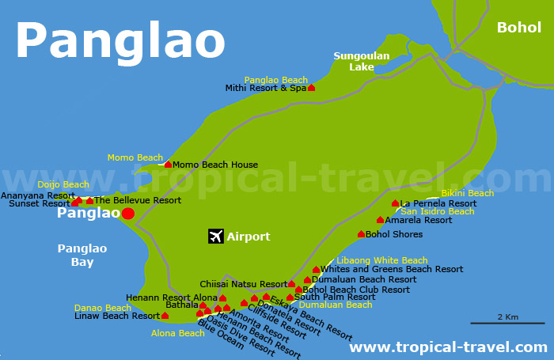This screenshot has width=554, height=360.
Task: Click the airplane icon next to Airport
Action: pos(215,237)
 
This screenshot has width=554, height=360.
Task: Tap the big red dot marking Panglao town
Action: pos(128,214)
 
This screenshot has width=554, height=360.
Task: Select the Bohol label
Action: pos(518,28)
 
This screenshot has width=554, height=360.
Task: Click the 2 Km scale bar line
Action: pos(507,323)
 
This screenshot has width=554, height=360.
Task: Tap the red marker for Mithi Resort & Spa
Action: pos(311,88)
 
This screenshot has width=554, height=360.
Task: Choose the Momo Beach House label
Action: pos(215,165)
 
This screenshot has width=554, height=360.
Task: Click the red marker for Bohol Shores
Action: pos(361,233)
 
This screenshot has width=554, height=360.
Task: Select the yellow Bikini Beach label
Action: pos(467,193)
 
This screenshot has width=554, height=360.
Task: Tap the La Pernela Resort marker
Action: pos(395,203)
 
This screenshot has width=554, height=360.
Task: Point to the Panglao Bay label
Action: pos(82,255)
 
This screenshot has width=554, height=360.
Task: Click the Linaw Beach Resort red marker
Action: pos(165,316)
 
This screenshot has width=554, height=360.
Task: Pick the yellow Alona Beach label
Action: pos(178,333)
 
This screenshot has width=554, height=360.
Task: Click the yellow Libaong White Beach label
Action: pos(381,260)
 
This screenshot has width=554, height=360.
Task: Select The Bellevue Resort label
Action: pos(138,200)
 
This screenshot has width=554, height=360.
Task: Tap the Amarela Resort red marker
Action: pos(380,220)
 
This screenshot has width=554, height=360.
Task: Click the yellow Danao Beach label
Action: pos(103,308)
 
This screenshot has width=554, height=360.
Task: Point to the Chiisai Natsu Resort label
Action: pos(244,284)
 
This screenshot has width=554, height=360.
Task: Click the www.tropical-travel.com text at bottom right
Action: pos(448,347)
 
